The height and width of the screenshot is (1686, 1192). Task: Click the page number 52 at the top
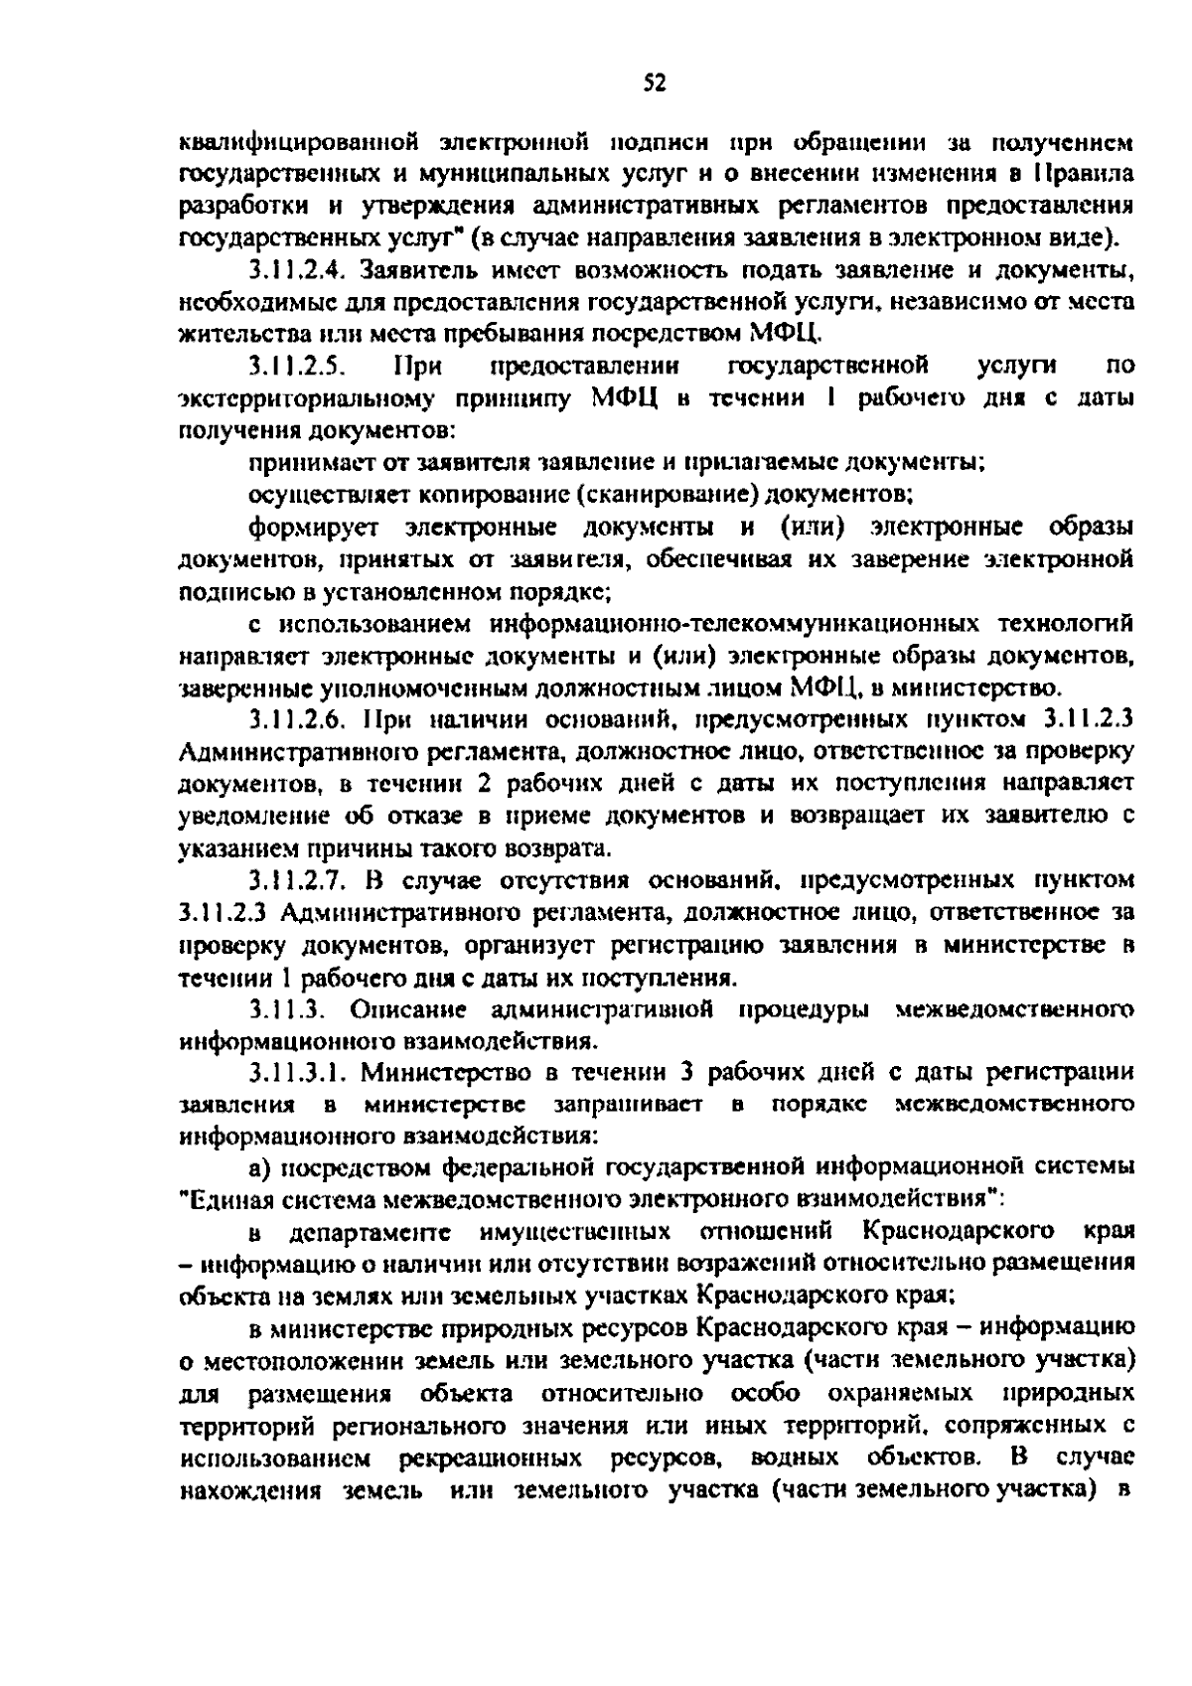(652, 83)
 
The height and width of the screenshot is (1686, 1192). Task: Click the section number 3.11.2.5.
(297, 367)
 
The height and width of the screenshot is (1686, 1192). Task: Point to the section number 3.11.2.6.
(297, 720)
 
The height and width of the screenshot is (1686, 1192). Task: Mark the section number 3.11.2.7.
(297, 880)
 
